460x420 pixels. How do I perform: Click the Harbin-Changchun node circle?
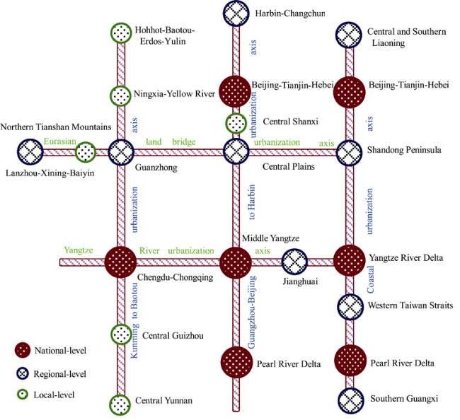tap(236, 13)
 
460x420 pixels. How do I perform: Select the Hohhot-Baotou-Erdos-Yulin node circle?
tap(121, 33)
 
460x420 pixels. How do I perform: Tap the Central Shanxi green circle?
tap(236, 124)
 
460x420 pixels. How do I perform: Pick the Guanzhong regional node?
tap(121, 153)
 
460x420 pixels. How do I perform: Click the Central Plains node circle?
tap(236, 151)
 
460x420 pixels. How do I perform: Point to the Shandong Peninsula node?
tap(349, 153)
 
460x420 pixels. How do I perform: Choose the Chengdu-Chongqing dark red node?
tap(120, 262)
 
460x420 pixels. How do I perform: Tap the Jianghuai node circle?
tap(294, 262)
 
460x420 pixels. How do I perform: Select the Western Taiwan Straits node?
tap(350, 307)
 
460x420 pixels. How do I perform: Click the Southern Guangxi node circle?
tap(350, 401)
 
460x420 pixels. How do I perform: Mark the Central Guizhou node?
tap(121, 334)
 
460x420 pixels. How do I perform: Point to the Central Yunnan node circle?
tap(120, 405)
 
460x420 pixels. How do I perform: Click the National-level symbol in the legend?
tap(23, 350)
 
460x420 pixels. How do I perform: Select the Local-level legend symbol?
tap(23, 395)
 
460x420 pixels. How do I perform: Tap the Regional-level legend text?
tap(60, 374)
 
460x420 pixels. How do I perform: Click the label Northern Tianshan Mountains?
tap(56, 127)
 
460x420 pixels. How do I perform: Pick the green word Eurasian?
tap(60, 141)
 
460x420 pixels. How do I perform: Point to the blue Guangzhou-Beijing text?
tap(252, 312)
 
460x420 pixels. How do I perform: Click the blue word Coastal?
tap(371, 279)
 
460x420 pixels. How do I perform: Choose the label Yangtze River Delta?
tap(406, 257)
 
